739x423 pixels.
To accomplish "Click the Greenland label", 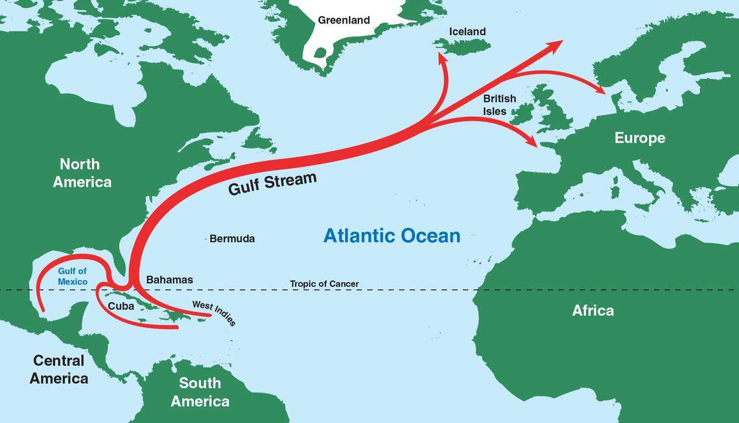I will point(344,20).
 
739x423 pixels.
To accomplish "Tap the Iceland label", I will point(467,31).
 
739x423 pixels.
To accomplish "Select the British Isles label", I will point(499,104).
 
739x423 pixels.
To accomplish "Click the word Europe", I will point(639,138).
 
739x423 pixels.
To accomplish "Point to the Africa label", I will point(592,311).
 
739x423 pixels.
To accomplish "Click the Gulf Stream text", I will point(272,184).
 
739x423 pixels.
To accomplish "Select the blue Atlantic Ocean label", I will point(392,236).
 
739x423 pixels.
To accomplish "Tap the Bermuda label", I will point(232,239).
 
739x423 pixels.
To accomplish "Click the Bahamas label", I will point(169,280).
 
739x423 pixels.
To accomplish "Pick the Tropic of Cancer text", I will point(324,284).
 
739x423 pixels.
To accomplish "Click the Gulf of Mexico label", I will point(72,276).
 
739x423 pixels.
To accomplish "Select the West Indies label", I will point(215,313).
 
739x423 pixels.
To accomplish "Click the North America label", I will point(82,173).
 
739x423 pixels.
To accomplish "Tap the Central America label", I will point(58,369).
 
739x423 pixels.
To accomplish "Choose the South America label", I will point(200,392).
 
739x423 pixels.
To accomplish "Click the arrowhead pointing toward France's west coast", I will point(533,141).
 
